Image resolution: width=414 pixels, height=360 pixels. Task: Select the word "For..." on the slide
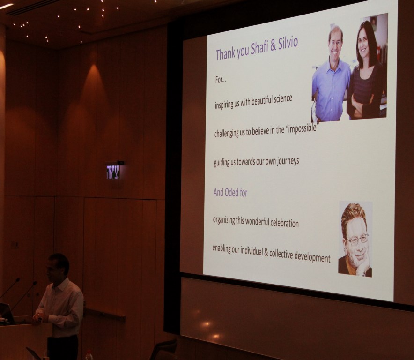pyautogui.click(x=221, y=80)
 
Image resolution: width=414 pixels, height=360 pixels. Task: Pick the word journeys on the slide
pyautogui.click(x=288, y=161)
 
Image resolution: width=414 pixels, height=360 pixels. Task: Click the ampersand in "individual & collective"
pyautogui.click(x=266, y=253)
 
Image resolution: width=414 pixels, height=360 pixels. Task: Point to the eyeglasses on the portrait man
pyautogui.click(x=357, y=240)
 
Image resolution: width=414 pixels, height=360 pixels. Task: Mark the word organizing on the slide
pyautogui.click(x=224, y=220)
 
